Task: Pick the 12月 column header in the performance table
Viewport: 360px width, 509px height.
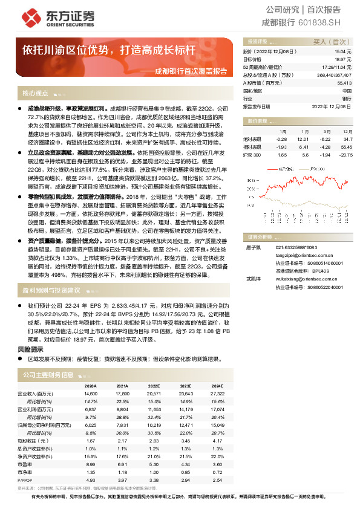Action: [x=348, y=131]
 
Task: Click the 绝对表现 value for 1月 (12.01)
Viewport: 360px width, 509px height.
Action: [x=303, y=138]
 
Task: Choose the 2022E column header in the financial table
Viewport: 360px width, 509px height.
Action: [x=154, y=386]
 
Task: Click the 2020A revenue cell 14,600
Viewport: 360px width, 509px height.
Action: [x=90, y=393]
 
